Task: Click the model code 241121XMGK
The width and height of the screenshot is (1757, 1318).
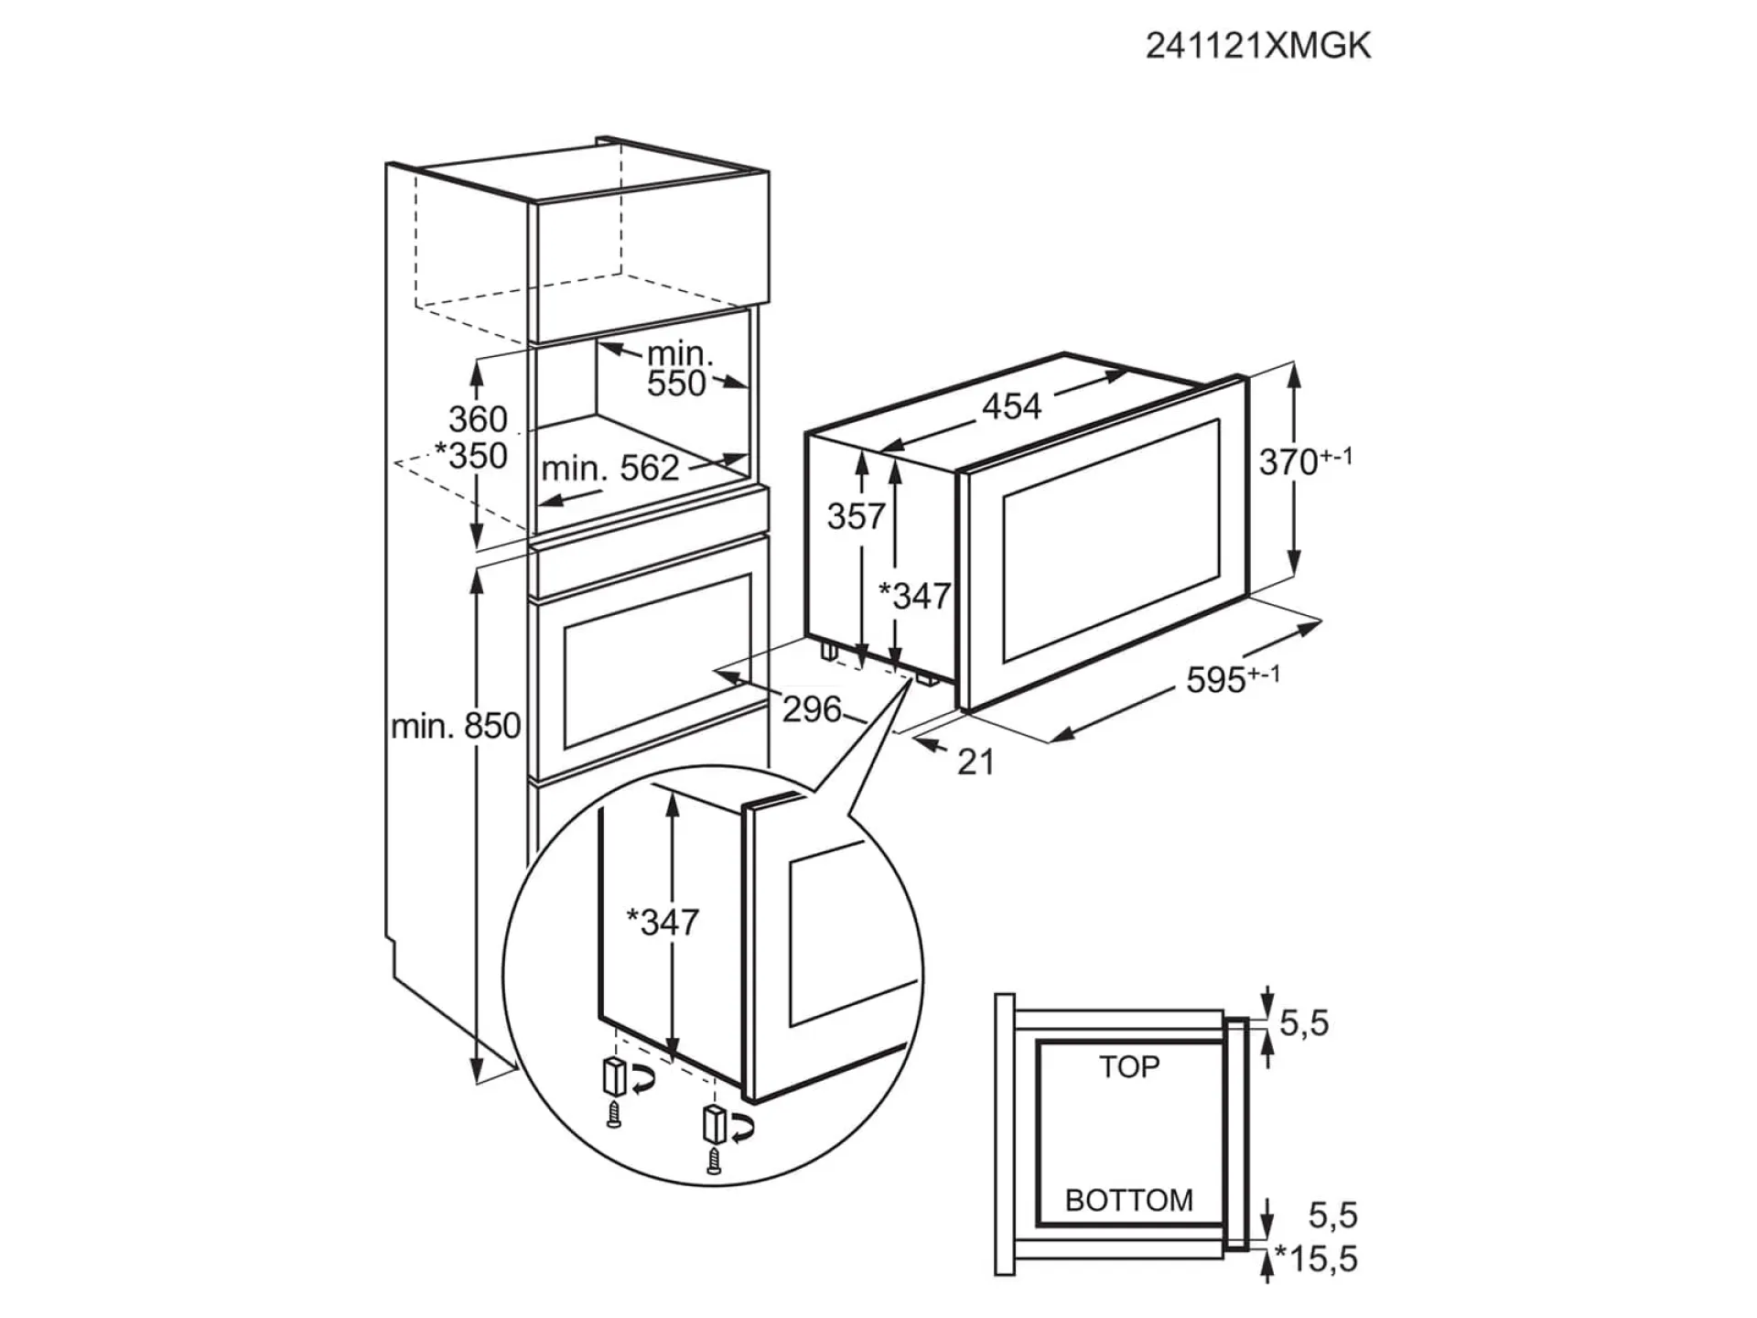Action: coord(1257,46)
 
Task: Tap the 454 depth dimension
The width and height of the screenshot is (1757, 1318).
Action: coord(1011,405)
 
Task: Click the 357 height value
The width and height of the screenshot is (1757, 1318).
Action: coord(856,516)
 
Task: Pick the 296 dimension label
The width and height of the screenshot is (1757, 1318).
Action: coord(811,708)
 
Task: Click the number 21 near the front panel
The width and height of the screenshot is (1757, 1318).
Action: coord(976,762)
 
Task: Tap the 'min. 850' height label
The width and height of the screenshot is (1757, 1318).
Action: coord(455,727)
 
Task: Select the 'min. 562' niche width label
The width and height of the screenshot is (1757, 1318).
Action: coord(610,469)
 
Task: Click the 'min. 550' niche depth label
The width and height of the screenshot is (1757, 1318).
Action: coord(677,369)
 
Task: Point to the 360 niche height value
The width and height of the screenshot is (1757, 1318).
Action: coord(477,419)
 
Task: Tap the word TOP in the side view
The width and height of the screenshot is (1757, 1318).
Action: coord(1129,1066)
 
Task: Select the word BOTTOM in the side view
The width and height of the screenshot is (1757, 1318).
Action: coord(1129,1200)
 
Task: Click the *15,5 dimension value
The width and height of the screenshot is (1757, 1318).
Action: coord(1317,1259)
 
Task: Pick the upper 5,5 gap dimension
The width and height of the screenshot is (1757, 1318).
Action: coord(1303,1022)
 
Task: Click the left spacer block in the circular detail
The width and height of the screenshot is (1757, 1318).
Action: coord(612,1076)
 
